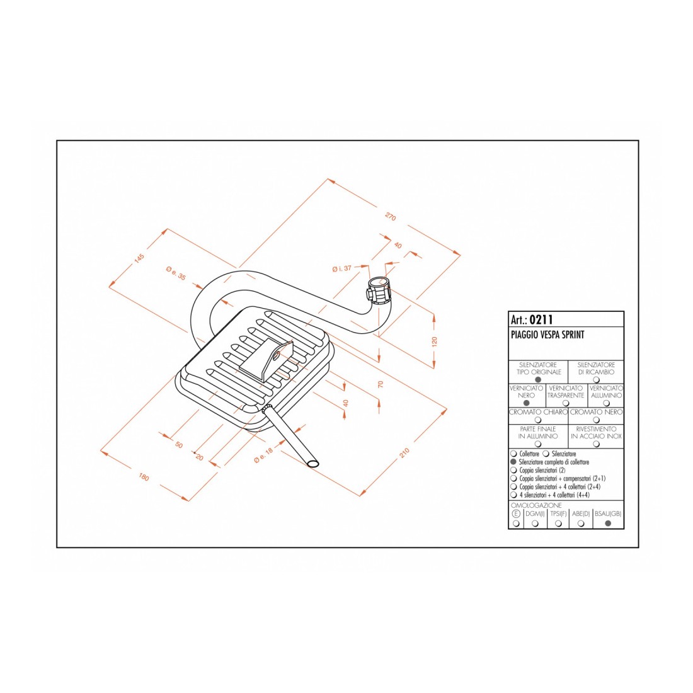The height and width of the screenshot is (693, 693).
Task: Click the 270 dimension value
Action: pyautogui.click(x=390, y=217)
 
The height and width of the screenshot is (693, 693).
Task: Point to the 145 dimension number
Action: pyautogui.click(x=139, y=258)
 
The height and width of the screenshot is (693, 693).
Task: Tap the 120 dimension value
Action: pyautogui.click(x=434, y=341)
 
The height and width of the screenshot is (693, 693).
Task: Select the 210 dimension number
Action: pyautogui.click(x=404, y=452)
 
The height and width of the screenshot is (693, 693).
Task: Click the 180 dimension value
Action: pyautogui.click(x=144, y=477)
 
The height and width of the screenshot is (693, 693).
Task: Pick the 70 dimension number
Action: pyautogui.click(x=381, y=384)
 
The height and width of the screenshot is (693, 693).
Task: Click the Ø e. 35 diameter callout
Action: pyautogui.click(x=176, y=273)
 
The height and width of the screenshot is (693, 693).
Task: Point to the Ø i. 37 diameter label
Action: pyautogui.click(x=341, y=268)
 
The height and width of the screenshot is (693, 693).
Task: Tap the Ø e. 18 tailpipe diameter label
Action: pyautogui.click(x=263, y=455)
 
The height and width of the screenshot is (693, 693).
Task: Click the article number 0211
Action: pyautogui.click(x=541, y=319)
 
